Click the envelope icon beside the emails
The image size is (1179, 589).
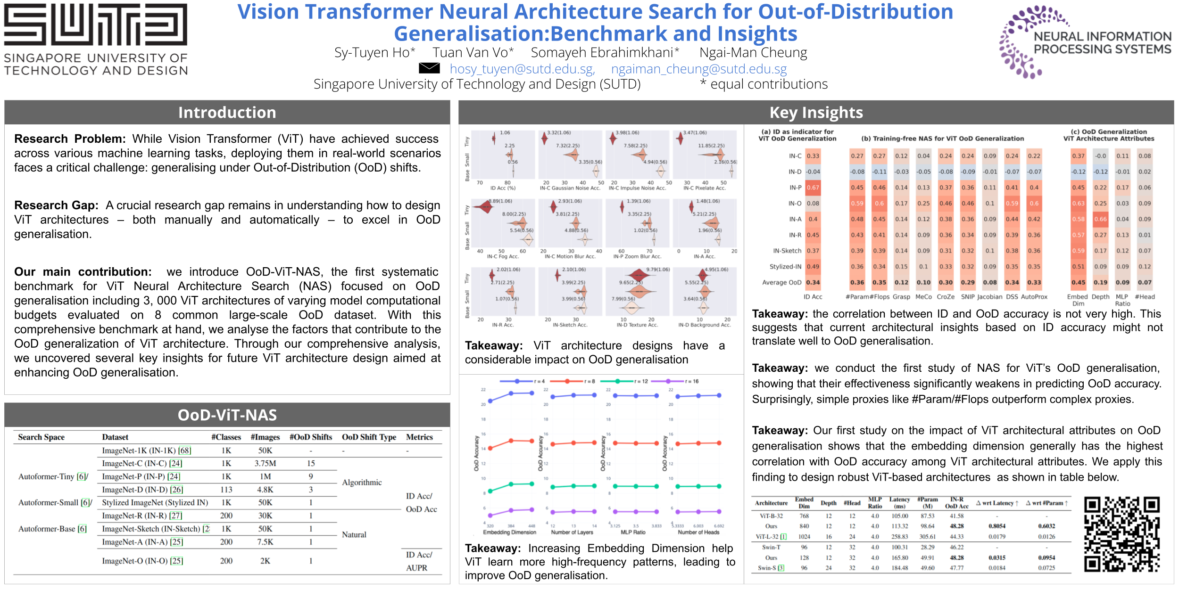click(x=429, y=68)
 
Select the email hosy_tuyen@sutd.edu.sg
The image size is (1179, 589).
click(x=522, y=69)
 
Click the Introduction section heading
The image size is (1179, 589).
click(x=227, y=113)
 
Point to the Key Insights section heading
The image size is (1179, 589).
click(x=816, y=113)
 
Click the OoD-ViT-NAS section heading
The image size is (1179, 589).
click(x=227, y=415)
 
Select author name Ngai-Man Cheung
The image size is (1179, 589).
click(x=753, y=53)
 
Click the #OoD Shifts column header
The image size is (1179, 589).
click(x=311, y=437)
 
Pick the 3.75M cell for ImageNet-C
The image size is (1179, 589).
click(x=265, y=464)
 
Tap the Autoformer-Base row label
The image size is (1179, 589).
click(x=52, y=529)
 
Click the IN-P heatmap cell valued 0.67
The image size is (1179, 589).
click(x=813, y=188)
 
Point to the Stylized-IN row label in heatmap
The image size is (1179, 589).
click(x=785, y=267)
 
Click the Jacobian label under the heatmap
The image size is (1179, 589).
click(x=990, y=297)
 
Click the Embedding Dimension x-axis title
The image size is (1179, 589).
click(x=509, y=532)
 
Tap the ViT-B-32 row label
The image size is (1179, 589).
click(x=771, y=516)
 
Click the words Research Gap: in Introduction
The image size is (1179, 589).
click(x=56, y=205)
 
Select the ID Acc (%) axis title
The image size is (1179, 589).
click(x=503, y=188)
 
